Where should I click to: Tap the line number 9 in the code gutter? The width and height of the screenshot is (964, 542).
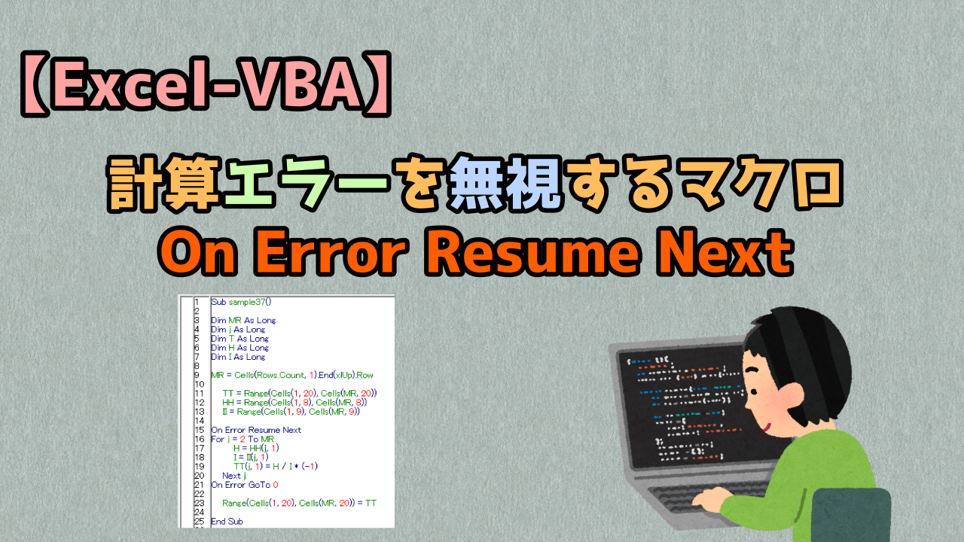(x=196, y=375)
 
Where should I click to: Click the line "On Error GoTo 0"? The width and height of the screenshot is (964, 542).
(x=245, y=485)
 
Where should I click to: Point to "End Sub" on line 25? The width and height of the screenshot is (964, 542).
(x=227, y=521)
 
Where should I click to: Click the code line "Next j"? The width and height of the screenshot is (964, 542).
(x=233, y=476)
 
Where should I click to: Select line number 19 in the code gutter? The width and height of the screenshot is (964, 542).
(x=198, y=467)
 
